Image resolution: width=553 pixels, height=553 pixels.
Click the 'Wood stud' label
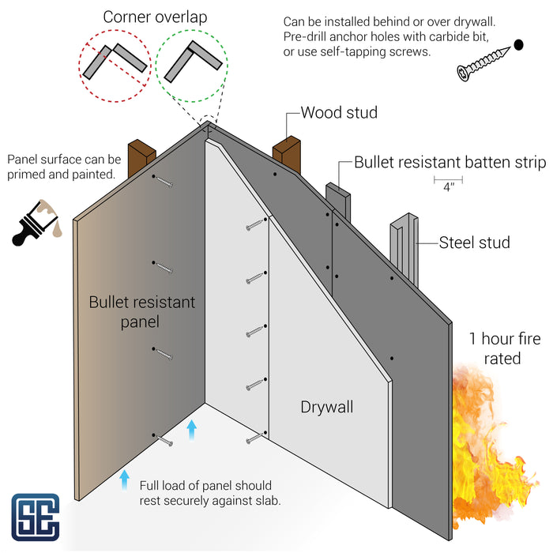(339, 112)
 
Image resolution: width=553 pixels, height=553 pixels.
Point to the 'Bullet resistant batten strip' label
(450, 163)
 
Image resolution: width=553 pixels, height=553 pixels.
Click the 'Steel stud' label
(475, 243)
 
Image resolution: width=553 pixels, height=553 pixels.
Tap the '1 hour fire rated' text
(495, 348)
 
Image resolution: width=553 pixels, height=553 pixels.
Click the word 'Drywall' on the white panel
(326, 408)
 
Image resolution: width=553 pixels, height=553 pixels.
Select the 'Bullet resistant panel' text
(141, 312)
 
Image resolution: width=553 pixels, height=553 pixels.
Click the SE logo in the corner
(36, 517)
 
